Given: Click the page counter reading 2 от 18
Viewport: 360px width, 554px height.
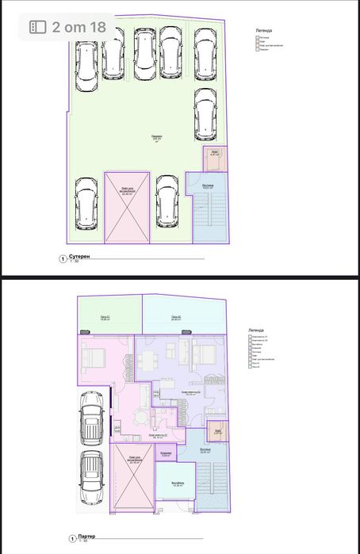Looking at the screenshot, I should (x=79, y=26).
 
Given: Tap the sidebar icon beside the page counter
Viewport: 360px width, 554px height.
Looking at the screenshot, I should (x=38, y=26).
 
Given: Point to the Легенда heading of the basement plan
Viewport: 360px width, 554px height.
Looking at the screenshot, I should (x=263, y=29).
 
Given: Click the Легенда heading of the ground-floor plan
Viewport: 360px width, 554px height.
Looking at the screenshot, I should (x=259, y=328).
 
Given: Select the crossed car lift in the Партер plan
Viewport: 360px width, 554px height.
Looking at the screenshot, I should (x=131, y=479).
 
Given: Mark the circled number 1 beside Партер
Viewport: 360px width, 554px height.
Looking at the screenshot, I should (x=61, y=537).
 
